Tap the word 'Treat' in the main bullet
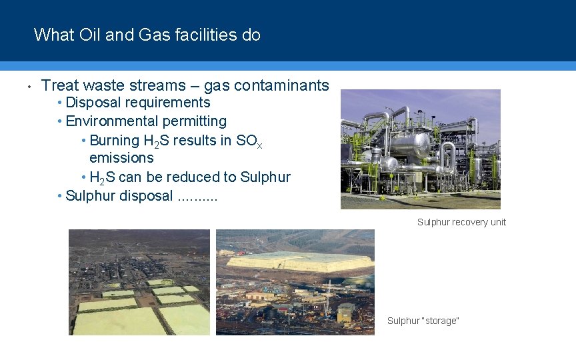click(60, 85)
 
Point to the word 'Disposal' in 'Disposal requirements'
click(94, 103)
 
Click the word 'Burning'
click(115, 140)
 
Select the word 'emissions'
click(121, 158)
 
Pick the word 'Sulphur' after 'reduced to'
click(265, 177)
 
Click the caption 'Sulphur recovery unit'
click(461, 222)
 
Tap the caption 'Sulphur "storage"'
click(423, 321)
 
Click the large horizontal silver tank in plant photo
click(411, 144)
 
